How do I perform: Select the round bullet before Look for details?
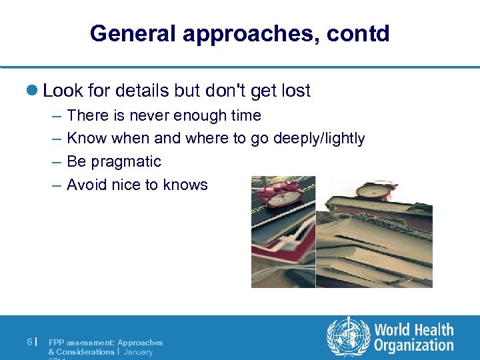35,91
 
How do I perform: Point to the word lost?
294,91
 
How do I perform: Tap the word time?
246,115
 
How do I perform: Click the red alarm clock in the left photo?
279,194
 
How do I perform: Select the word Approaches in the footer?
140,342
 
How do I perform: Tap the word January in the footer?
138,352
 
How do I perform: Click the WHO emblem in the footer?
347,337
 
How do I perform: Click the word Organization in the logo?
413,345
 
